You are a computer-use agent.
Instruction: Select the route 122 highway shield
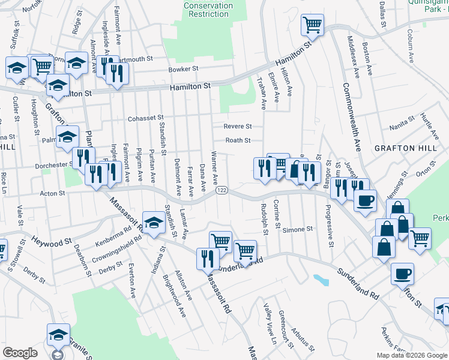coord(221,190)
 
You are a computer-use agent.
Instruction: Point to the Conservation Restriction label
coord(208,10)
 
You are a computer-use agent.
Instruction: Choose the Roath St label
coord(238,140)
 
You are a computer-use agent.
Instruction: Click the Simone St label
coord(298,229)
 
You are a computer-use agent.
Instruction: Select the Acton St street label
coord(52,193)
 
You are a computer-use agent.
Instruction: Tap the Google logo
coord(20,353)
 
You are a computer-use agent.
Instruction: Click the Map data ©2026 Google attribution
coord(412,355)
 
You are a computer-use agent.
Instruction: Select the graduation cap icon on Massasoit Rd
coord(154,221)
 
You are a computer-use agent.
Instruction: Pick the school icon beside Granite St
coord(58,334)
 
